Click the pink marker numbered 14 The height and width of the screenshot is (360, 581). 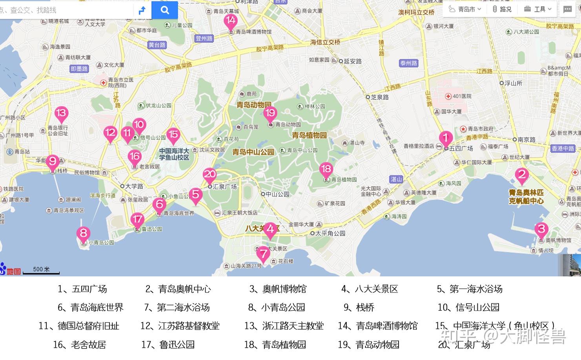[x=231, y=21]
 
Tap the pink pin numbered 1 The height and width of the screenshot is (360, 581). [x=445, y=138]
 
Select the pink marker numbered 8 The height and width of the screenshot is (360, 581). [x=83, y=233]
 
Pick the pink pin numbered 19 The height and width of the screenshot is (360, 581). [x=270, y=113]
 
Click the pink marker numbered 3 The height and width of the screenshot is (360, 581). [x=541, y=229]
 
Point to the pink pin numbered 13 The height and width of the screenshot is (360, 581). [x=61, y=113]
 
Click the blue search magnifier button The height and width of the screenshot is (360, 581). [x=165, y=10]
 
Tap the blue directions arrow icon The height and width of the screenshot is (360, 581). [x=142, y=10]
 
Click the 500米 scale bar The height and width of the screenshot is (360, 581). [x=41, y=270]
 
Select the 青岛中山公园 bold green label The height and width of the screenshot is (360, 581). [x=253, y=152]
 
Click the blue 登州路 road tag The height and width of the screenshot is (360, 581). [x=204, y=38]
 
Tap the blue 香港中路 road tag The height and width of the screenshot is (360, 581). [x=563, y=148]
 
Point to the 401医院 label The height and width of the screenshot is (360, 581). [x=459, y=96]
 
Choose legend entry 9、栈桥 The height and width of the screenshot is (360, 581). [x=359, y=307]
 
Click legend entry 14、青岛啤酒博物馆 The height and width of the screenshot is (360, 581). [x=378, y=326]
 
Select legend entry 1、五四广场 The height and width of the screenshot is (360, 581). [x=82, y=289]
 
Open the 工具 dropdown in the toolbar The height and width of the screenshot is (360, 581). [x=540, y=9]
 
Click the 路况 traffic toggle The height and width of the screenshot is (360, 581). [x=502, y=9]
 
